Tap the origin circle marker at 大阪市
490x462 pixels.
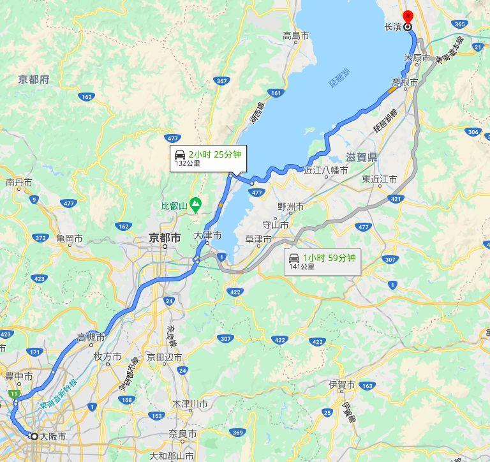(34, 436)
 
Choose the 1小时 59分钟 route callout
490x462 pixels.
(322, 262)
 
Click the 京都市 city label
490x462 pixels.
(165, 237)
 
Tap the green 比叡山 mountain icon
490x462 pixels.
(196, 205)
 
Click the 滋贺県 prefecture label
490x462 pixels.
(362, 157)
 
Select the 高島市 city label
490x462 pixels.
(296, 36)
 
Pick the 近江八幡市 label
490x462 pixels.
(325, 170)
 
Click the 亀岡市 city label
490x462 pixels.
(69, 239)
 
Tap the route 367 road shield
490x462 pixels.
(221, 81)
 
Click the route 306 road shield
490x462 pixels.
(473, 132)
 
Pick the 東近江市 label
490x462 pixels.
(379, 179)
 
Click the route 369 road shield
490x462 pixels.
(238, 433)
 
